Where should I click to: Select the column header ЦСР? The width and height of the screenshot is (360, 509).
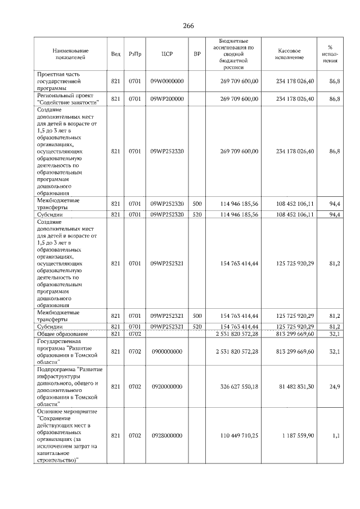tap(166, 54)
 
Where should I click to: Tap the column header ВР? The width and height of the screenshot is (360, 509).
tap(197, 54)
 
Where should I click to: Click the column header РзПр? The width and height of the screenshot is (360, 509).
tap(135, 54)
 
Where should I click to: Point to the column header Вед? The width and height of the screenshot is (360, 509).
tap(116, 54)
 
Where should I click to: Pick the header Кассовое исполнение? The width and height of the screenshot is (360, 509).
tap(290, 54)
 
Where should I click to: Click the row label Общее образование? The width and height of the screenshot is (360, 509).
tap(61, 334)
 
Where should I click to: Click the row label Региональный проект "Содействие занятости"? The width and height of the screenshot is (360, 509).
tap(68, 99)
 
